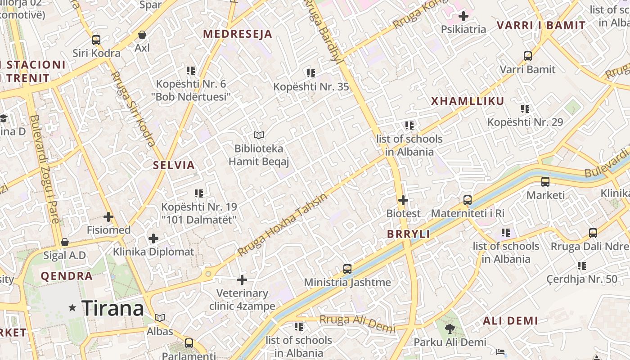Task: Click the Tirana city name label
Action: coord(112,308)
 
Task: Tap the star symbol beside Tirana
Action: coord(72,308)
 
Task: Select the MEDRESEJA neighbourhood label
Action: coord(238,34)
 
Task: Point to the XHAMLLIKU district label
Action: coord(468,101)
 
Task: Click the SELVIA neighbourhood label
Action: coord(174,165)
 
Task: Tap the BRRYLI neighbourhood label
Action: coord(409,234)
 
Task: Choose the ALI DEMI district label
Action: coord(510,321)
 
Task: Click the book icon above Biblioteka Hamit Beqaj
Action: coord(259,135)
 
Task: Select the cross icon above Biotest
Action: coord(403,200)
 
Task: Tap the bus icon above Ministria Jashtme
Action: coord(347,269)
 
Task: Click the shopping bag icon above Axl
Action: coord(142,35)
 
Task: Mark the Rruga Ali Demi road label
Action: coord(358,323)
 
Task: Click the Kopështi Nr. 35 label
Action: coord(311,86)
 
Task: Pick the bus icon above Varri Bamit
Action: coord(528,56)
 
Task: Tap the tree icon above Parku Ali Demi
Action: coord(450,329)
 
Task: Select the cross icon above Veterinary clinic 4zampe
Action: coord(242,280)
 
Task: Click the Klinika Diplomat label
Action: coord(153,252)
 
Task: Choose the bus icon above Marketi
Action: coord(545,182)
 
